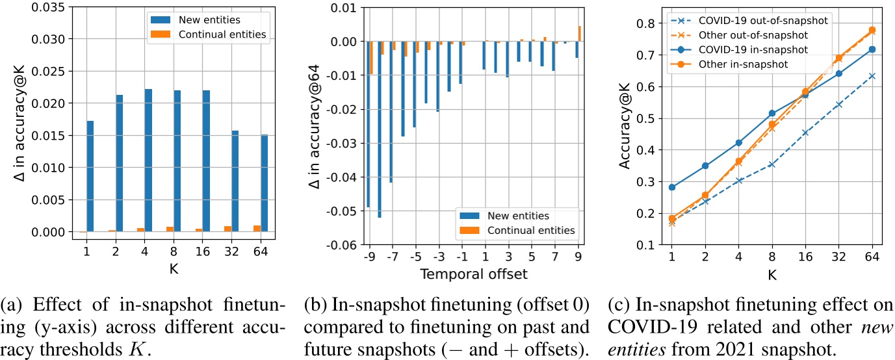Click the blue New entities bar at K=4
coord(148,160)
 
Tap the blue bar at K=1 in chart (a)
coord(90,175)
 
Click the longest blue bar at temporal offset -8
coord(378,129)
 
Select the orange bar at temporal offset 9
coord(579,33)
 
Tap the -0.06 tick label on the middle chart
coord(338,245)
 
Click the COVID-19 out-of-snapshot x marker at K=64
coord(872,76)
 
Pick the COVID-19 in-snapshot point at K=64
coord(872,49)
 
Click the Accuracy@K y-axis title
coord(623,126)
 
